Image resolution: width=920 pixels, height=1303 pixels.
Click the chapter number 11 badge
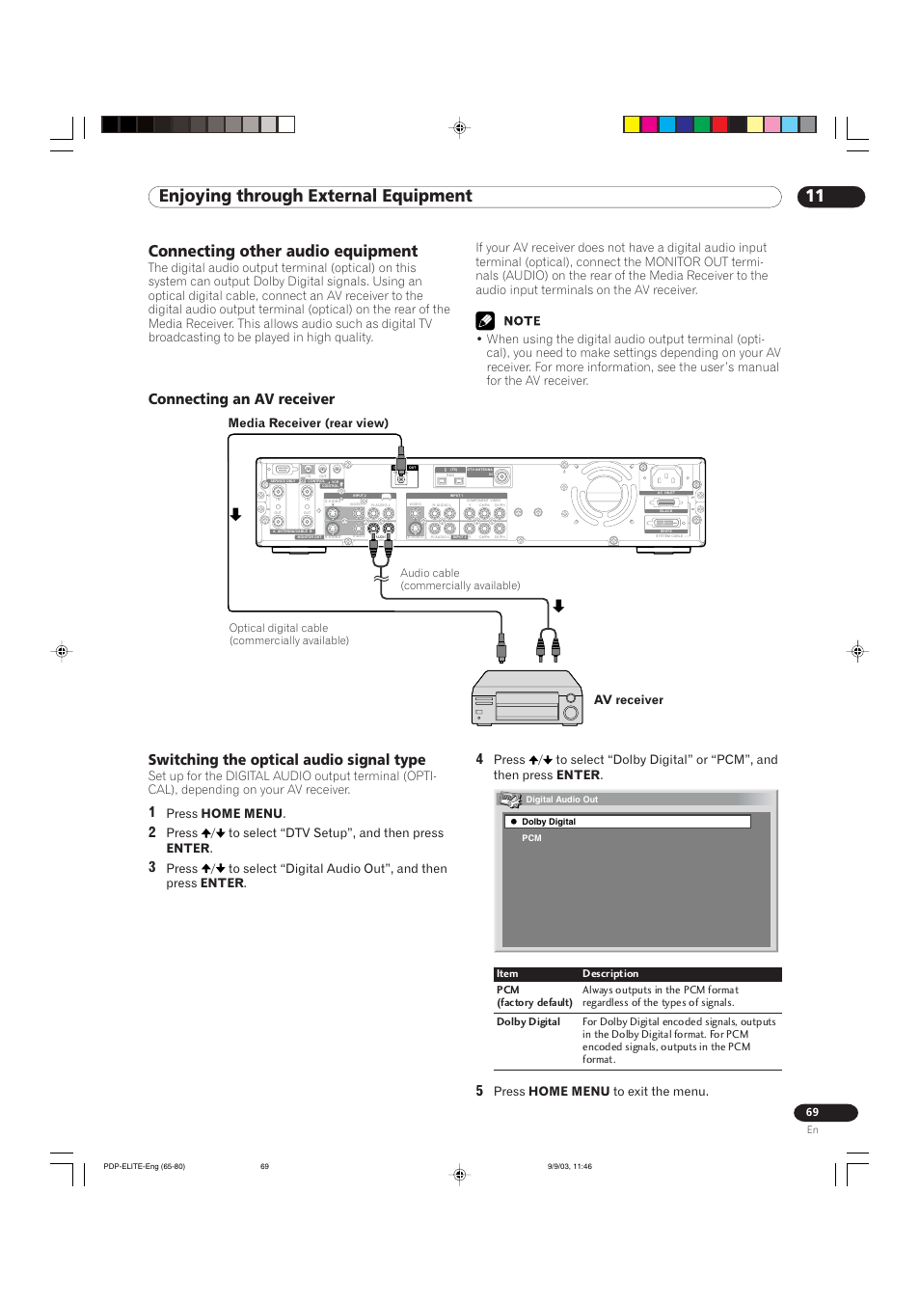coord(830,197)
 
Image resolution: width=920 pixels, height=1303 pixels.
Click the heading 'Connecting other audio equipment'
coord(283,251)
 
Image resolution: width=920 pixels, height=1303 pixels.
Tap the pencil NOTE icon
coord(485,321)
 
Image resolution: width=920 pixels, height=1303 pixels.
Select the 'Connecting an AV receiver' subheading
coord(241,399)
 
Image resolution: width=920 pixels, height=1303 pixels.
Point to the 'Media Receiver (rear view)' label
coord(308,423)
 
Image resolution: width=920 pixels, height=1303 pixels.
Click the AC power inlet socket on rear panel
coord(666,477)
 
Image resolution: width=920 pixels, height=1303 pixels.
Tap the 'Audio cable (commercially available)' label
coord(459,580)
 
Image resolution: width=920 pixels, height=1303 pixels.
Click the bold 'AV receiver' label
coord(628,700)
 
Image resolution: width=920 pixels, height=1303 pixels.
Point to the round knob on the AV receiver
coord(571,713)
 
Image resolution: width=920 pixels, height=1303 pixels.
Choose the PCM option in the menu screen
coord(532,838)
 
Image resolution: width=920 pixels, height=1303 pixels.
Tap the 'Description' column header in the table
coord(610,974)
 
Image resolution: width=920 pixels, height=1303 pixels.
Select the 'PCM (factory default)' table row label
coord(533,996)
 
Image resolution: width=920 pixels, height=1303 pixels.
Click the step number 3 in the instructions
coord(152,868)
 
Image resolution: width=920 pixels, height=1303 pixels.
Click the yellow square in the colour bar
coord(632,124)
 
